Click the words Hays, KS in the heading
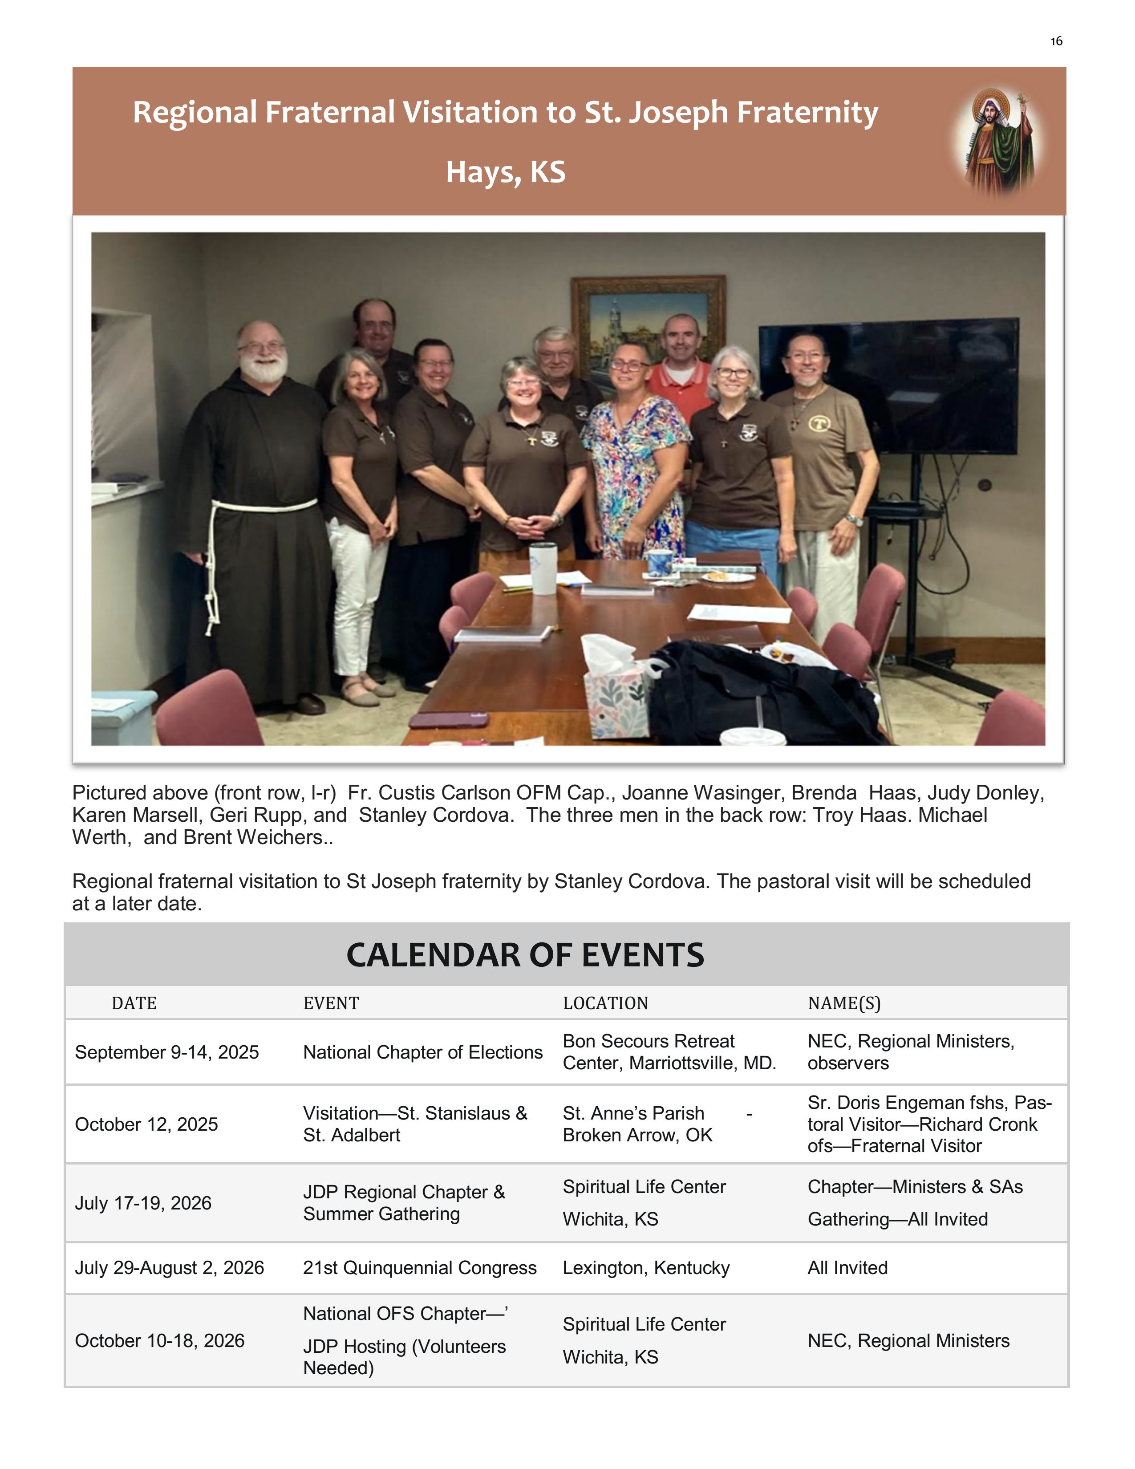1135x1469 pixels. click(x=506, y=172)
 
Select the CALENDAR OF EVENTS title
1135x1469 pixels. click(x=525, y=955)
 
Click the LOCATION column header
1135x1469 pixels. click(x=605, y=1003)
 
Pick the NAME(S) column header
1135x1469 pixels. click(x=844, y=1003)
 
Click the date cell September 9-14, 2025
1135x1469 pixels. click(x=167, y=1053)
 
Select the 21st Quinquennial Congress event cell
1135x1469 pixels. click(x=420, y=1268)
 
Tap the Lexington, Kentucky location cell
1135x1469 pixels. click(x=645, y=1268)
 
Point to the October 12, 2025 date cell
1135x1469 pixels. click(x=146, y=1124)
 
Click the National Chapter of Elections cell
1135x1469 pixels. click(x=422, y=1053)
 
